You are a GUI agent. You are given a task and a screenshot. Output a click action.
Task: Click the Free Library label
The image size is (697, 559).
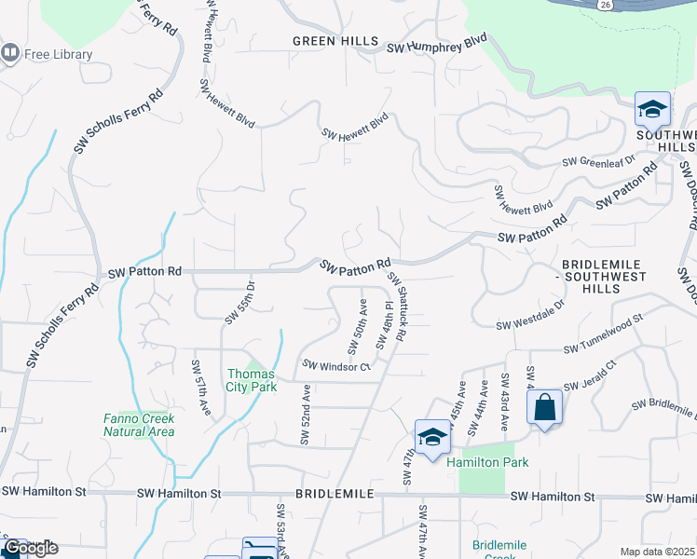coord(58,54)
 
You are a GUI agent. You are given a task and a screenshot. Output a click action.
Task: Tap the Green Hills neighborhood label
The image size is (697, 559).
coord(335,41)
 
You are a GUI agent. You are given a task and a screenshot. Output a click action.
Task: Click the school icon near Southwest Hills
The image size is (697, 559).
coord(652,110)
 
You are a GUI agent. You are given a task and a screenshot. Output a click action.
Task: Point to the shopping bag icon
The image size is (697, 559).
coord(544,407)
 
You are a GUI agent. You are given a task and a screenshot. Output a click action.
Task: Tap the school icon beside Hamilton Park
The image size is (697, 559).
coord(432,438)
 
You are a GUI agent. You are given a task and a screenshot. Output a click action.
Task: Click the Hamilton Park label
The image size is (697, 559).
coord(487,462)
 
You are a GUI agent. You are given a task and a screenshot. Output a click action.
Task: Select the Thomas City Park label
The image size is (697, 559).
coord(252,380)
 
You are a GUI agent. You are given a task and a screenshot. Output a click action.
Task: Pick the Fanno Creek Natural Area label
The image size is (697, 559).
coord(139,425)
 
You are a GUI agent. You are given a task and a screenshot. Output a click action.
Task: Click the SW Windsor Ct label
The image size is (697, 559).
coord(335,366)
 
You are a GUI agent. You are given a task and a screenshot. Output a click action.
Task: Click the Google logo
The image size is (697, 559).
coord(31,548)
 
